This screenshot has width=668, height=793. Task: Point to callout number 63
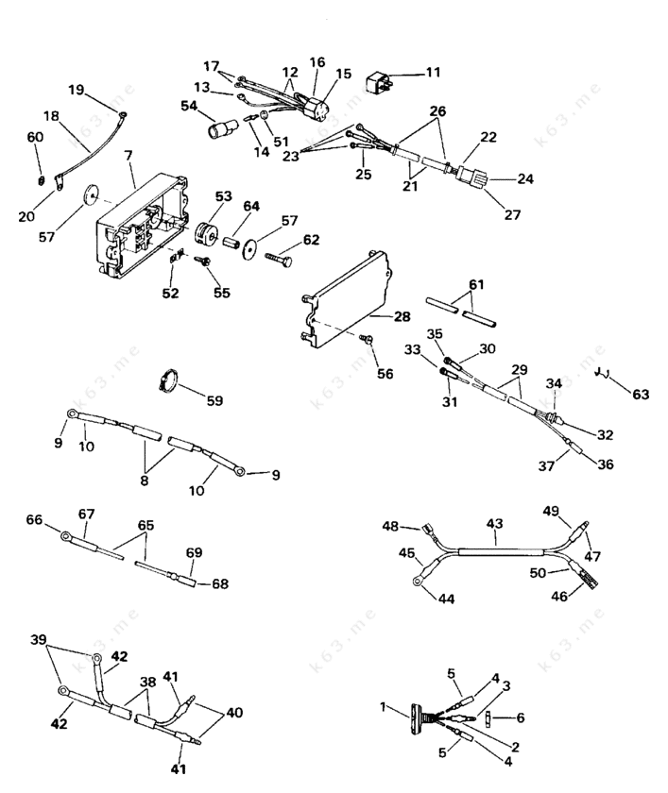[x=642, y=394]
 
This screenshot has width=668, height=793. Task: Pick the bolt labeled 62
[x=282, y=255]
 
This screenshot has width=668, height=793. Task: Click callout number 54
[x=189, y=107]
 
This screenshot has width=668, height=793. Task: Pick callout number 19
[x=76, y=90]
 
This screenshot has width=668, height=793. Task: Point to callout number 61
[x=476, y=285]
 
